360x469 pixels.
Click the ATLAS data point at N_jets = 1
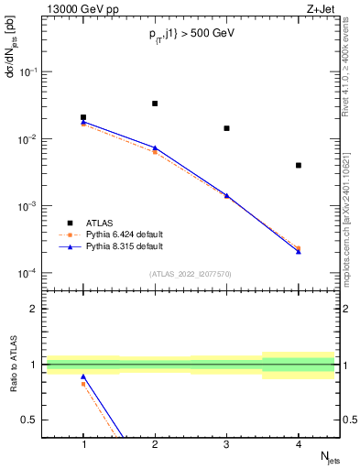(x=83, y=117)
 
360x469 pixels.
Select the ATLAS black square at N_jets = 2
(x=155, y=104)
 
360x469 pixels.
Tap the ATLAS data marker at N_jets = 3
(x=226, y=128)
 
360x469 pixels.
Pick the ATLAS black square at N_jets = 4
(x=299, y=165)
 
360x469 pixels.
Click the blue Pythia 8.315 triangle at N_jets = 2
(x=155, y=147)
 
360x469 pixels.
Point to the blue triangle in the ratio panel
(x=83, y=376)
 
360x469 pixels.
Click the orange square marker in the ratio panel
(x=83, y=384)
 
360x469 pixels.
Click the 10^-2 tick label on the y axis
(x=30, y=139)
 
